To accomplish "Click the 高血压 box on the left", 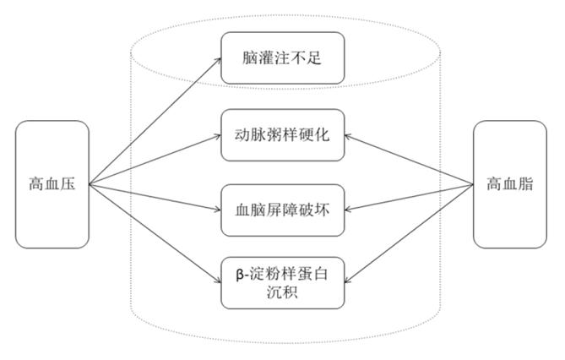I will pos(52,184).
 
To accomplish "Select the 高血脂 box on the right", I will pos(509,184).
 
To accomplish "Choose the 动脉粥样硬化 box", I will pos(283,134).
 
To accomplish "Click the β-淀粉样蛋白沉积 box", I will pos(283,282).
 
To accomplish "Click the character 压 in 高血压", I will pos(68,184).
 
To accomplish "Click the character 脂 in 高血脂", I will pos(525,184).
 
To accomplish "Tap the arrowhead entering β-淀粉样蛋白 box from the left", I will pos(218,282).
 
